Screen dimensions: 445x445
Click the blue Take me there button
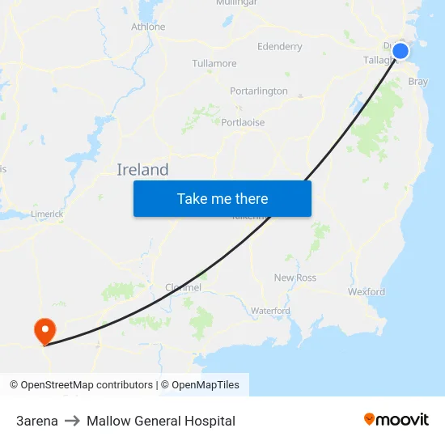pyautogui.click(x=222, y=198)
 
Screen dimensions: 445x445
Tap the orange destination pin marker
pyautogui.click(x=44, y=330)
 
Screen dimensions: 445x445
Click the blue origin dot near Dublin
pyautogui.click(x=400, y=51)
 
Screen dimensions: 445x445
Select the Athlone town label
pyautogui.click(x=148, y=27)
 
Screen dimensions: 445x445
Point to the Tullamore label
pyautogui.click(x=214, y=63)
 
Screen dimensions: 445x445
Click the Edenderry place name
pyautogui.click(x=279, y=46)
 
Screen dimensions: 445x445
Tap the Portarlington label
pyautogui.click(x=258, y=91)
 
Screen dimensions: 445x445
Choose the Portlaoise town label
pyautogui.click(x=243, y=122)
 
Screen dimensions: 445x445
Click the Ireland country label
pyautogui.click(x=142, y=169)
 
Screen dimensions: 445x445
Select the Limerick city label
pyautogui.click(x=47, y=214)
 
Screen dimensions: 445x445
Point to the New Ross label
pyautogui.click(x=295, y=278)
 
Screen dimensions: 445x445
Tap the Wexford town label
pyautogui.click(x=366, y=291)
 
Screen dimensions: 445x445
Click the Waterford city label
pyautogui.click(x=270, y=311)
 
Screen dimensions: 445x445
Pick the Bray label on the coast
pyautogui.click(x=418, y=82)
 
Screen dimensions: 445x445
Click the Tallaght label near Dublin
pyautogui.click(x=376, y=60)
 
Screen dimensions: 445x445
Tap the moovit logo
pyautogui.click(x=396, y=419)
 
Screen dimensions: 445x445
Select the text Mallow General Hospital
pyautogui.click(x=161, y=421)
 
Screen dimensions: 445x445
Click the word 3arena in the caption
pyautogui.click(x=37, y=421)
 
